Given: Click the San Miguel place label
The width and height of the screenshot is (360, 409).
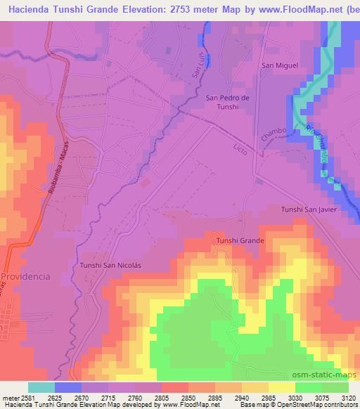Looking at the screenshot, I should (280, 65).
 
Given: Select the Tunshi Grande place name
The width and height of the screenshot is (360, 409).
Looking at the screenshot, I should (240, 241).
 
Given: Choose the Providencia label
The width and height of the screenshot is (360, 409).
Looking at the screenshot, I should (26, 277).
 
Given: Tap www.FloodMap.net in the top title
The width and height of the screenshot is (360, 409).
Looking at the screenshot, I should (286, 10).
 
